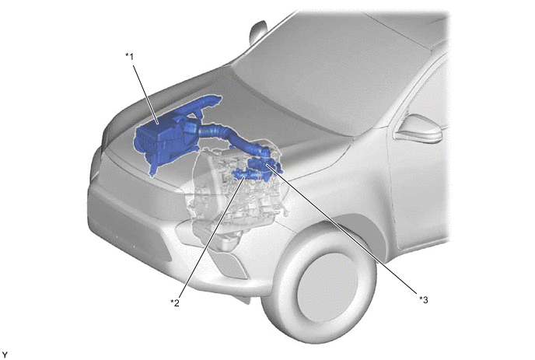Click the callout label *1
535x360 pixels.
pyautogui.click(x=129, y=57)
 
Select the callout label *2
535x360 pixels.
pyautogui.click(x=175, y=302)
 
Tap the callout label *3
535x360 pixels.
pyautogui.click(x=424, y=299)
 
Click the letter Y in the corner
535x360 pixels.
pyautogui.click(x=5, y=355)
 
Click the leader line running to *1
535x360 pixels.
pyautogui.click(x=145, y=94)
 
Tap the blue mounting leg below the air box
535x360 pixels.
pyautogui.click(x=153, y=169)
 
